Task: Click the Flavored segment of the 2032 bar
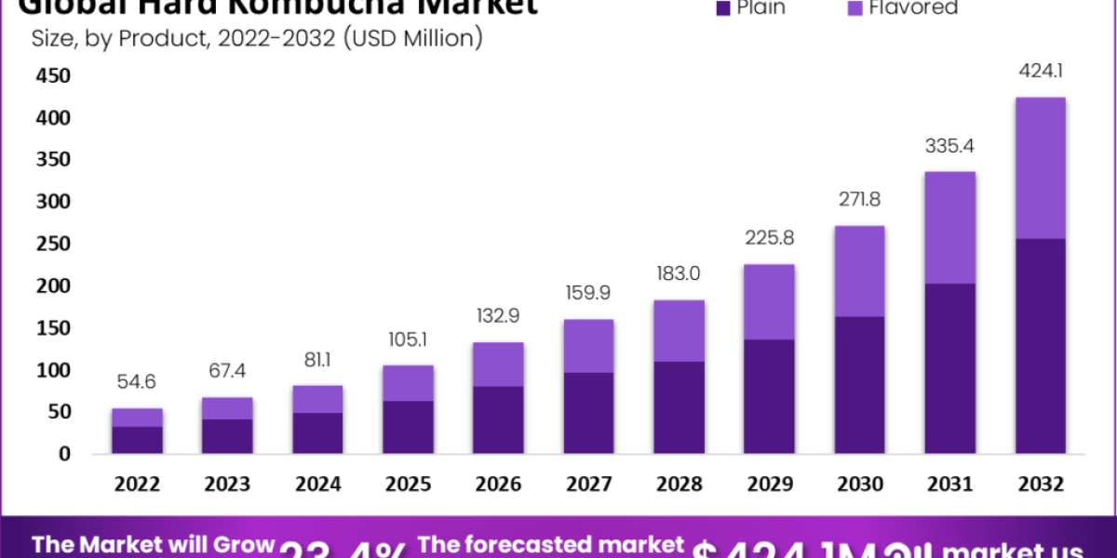click(x=1040, y=167)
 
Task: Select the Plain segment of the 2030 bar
click(x=858, y=385)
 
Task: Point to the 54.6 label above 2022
click(x=136, y=381)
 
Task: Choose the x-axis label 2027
click(x=587, y=484)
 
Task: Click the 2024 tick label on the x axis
click(x=316, y=484)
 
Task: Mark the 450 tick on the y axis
click(x=52, y=75)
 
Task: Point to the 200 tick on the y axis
click(x=52, y=286)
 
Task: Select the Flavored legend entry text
click(x=913, y=8)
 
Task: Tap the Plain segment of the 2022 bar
click(x=136, y=440)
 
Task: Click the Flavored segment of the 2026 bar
click(x=497, y=364)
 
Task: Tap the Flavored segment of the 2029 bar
click(x=768, y=301)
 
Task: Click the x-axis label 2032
click(x=1040, y=484)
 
